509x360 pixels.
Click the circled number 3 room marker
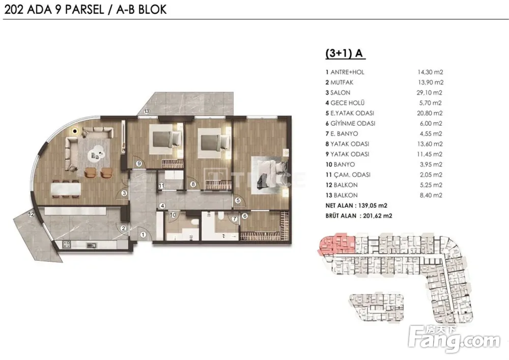click(124, 193)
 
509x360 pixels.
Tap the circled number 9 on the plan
click(139, 163)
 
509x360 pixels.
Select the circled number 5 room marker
click(238, 201)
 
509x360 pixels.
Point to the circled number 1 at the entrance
click(143, 234)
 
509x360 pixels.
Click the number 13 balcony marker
click(147, 112)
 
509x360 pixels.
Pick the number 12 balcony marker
click(31, 214)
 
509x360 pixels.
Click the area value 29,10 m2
click(430, 93)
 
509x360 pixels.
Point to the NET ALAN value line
click(356, 206)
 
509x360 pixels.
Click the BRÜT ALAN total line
click(359, 216)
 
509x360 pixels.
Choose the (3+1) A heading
click(345, 53)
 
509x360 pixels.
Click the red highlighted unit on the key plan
click(337, 244)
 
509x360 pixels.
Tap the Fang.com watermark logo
click(455, 339)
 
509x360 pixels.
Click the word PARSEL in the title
click(84, 9)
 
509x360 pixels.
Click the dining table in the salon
click(66, 189)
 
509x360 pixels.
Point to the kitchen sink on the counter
click(91, 245)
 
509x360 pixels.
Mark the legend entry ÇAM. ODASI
click(348, 175)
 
